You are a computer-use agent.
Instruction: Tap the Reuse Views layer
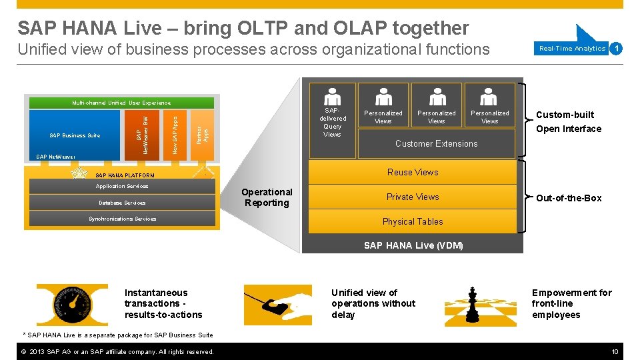pos(413,172)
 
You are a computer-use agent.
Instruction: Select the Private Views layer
pos(413,197)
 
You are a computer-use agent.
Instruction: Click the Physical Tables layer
pos(413,221)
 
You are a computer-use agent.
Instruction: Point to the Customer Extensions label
pos(436,143)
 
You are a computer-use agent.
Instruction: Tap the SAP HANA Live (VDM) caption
pos(413,245)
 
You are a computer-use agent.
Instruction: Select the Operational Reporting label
pos(267,197)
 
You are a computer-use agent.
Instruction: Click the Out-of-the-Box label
pos(569,198)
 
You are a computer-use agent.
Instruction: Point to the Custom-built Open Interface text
pos(568,122)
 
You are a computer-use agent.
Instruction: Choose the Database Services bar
pos(122,203)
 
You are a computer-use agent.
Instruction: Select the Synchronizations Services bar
pos(122,219)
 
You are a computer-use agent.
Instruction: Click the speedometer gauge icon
pos(71,304)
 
